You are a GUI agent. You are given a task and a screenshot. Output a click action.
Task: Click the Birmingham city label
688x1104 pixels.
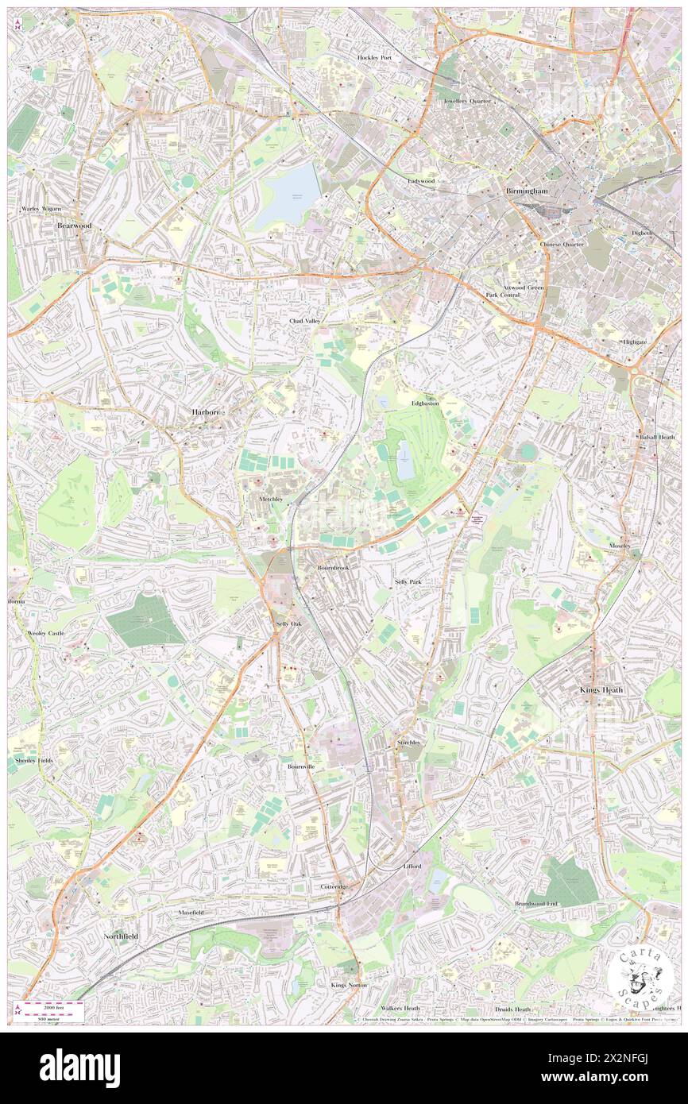pos(528,191)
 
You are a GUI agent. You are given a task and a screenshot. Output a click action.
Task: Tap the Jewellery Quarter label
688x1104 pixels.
pos(467,102)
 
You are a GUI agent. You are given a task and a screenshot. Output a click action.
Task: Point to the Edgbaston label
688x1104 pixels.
pos(425,403)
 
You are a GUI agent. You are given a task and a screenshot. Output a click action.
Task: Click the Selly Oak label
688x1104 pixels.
pos(288,624)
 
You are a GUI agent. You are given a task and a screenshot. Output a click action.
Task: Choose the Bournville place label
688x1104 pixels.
pos(301,766)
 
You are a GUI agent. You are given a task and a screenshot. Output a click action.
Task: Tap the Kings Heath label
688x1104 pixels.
pos(601,690)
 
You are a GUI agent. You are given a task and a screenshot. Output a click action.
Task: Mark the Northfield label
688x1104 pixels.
pos(121,936)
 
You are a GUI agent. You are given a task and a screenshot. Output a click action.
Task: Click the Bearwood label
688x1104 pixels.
pos(75,226)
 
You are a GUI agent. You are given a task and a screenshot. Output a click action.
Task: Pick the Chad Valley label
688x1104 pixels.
pos(305,321)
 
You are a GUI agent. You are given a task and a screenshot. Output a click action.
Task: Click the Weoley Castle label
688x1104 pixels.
pos(45,633)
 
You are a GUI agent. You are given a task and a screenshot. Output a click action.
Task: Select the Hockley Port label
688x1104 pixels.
pos(374,58)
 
